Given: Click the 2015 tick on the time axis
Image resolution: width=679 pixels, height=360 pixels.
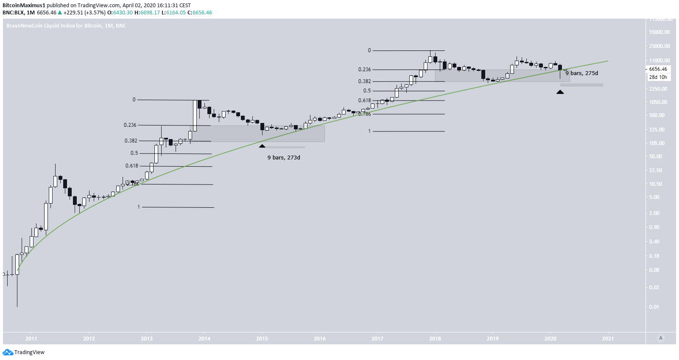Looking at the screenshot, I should [x=262, y=338].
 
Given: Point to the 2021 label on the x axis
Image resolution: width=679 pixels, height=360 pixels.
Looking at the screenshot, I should [x=608, y=338].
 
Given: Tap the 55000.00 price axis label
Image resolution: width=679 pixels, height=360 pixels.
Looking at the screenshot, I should [x=659, y=32].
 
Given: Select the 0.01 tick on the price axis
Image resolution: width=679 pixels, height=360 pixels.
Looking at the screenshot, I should [x=654, y=307].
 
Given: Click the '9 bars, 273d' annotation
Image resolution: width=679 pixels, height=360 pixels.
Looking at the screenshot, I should [x=284, y=158].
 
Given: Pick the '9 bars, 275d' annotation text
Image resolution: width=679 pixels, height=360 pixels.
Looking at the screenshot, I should [x=581, y=73].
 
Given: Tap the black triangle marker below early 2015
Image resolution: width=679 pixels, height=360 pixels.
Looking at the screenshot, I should [x=262, y=146].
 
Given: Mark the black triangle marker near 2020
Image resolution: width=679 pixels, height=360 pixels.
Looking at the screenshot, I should [x=560, y=92].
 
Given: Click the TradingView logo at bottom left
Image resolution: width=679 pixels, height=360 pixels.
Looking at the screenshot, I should [x=23, y=352].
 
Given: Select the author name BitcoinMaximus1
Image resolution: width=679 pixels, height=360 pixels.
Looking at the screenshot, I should [x=24, y=6].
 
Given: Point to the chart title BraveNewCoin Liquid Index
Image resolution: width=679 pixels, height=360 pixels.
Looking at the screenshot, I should [x=66, y=26].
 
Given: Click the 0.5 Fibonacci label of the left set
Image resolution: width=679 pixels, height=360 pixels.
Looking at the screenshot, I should [x=134, y=153].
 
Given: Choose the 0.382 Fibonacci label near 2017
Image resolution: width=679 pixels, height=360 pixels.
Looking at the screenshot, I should [x=364, y=81].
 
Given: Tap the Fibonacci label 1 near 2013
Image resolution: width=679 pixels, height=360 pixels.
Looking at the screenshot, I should [x=139, y=207].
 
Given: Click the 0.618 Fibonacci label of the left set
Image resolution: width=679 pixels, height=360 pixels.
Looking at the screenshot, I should [x=131, y=166].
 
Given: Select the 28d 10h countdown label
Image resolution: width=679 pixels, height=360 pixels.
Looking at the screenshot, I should [x=658, y=77].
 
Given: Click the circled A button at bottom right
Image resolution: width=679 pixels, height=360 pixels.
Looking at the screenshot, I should [x=660, y=338].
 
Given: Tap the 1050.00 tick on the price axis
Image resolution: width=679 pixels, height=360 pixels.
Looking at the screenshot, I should [x=658, y=102].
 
